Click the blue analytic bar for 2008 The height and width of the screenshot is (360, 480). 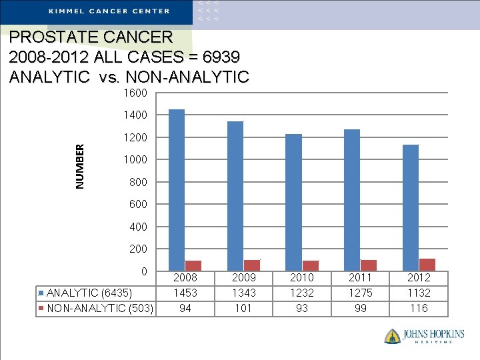point(177,190)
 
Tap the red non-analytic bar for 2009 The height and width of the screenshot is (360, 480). point(252,265)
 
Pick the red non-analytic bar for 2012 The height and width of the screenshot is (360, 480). point(427,265)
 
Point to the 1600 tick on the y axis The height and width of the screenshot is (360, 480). point(135,93)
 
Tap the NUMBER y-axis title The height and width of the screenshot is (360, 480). point(80,167)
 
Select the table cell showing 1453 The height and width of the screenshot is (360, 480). point(185,293)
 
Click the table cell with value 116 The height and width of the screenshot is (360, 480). point(419,308)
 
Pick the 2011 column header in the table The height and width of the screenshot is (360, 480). point(360,277)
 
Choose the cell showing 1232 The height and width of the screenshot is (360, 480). point(302,293)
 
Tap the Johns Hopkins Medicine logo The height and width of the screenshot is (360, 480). point(424,335)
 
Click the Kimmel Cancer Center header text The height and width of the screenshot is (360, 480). point(109,11)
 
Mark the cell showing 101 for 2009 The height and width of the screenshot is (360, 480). point(243,308)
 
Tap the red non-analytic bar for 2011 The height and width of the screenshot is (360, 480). point(369,265)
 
